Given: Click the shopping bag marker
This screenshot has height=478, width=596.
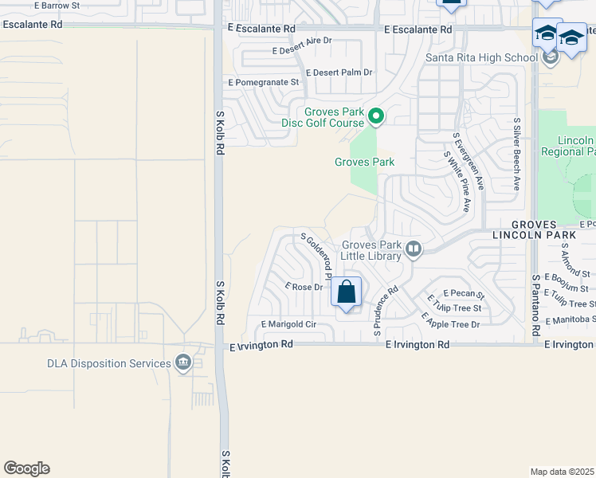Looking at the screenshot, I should [346, 292].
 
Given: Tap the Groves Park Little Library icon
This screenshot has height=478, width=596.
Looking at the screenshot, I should [414, 250].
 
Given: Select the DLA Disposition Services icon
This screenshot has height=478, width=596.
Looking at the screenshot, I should [184, 363].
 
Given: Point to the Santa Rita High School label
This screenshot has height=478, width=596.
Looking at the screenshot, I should [481, 57].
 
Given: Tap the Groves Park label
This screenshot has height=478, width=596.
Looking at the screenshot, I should [364, 162].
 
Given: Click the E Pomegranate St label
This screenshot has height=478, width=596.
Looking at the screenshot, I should [263, 82].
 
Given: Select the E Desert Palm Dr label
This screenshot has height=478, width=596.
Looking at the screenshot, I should [334, 72].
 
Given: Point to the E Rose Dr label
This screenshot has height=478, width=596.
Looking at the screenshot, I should [304, 286].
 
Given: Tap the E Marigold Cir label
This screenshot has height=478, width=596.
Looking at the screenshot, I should [288, 324].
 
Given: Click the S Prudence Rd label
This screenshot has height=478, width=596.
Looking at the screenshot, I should [386, 311].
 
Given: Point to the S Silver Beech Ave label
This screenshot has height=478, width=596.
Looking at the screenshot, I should [516, 155].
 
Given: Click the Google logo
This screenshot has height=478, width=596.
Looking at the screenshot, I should [27, 468].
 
